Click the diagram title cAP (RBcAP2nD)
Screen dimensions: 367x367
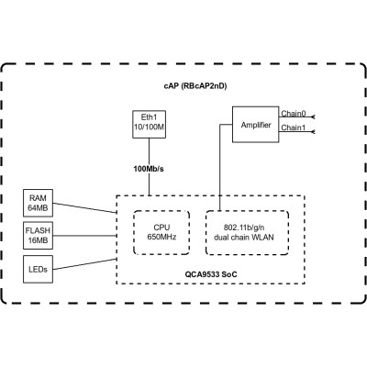183,84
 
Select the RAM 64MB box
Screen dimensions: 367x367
38,201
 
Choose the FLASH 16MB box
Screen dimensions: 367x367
38,235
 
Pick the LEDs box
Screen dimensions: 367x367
38,270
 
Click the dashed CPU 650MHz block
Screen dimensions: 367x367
161,230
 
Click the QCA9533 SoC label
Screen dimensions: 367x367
212,272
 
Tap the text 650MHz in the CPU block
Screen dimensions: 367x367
161,237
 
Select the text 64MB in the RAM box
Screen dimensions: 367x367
38,207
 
